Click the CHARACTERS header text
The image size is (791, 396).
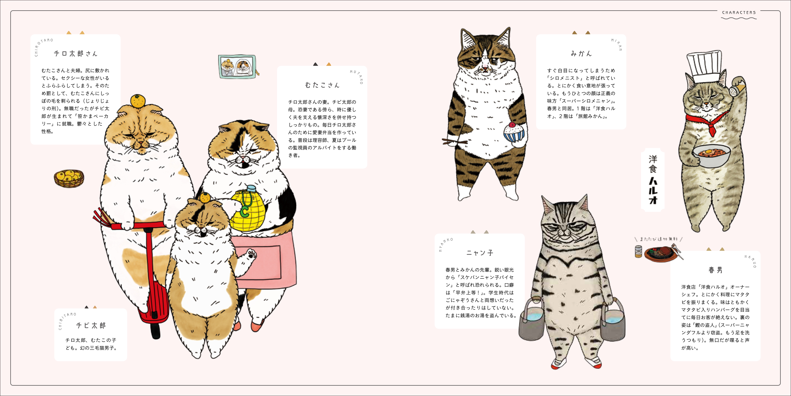pyautogui.click(x=739, y=13)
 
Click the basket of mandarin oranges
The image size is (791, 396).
pyautogui.click(x=69, y=178)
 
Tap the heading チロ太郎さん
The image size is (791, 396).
pyautogui.click(x=76, y=53)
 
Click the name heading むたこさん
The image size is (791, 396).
pyautogui.click(x=322, y=85)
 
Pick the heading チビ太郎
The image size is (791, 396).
pyautogui.click(x=91, y=325)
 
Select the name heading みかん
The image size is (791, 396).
pyautogui.click(x=581, y=53)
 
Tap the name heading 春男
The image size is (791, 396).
pyautogui.click(x=715, y=270)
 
